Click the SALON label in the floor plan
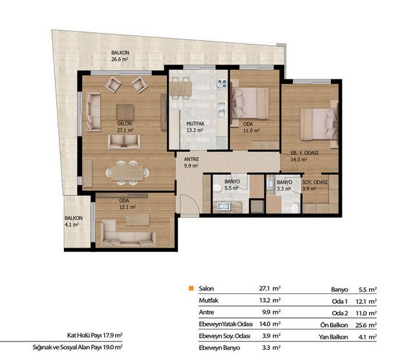tap(124, 123)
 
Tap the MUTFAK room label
tap(195, 123)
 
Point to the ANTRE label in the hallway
tap(191, 159)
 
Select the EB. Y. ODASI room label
tap(304, 153)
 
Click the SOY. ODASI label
tap(315, 182)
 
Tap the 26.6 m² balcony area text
tap(120, 59)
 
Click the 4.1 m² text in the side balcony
tap(72, 225)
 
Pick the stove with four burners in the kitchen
tap(222, 84)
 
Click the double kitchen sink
tap(222, 110)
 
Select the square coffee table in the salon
tap(125, 112)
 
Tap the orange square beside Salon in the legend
tap(191, 288)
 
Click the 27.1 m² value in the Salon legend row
tap(270, 288)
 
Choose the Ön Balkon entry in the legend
tap(334, 325)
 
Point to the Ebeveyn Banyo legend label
tap(219, 348)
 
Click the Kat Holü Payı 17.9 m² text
tap(95, 335)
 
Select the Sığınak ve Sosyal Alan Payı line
tap(78, 347)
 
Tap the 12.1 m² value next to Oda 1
tap(366, 301)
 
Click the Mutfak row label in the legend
tap(209, 301)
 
